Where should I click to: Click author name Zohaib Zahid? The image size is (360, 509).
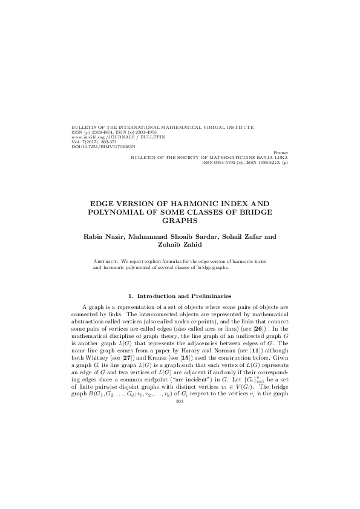180,244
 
